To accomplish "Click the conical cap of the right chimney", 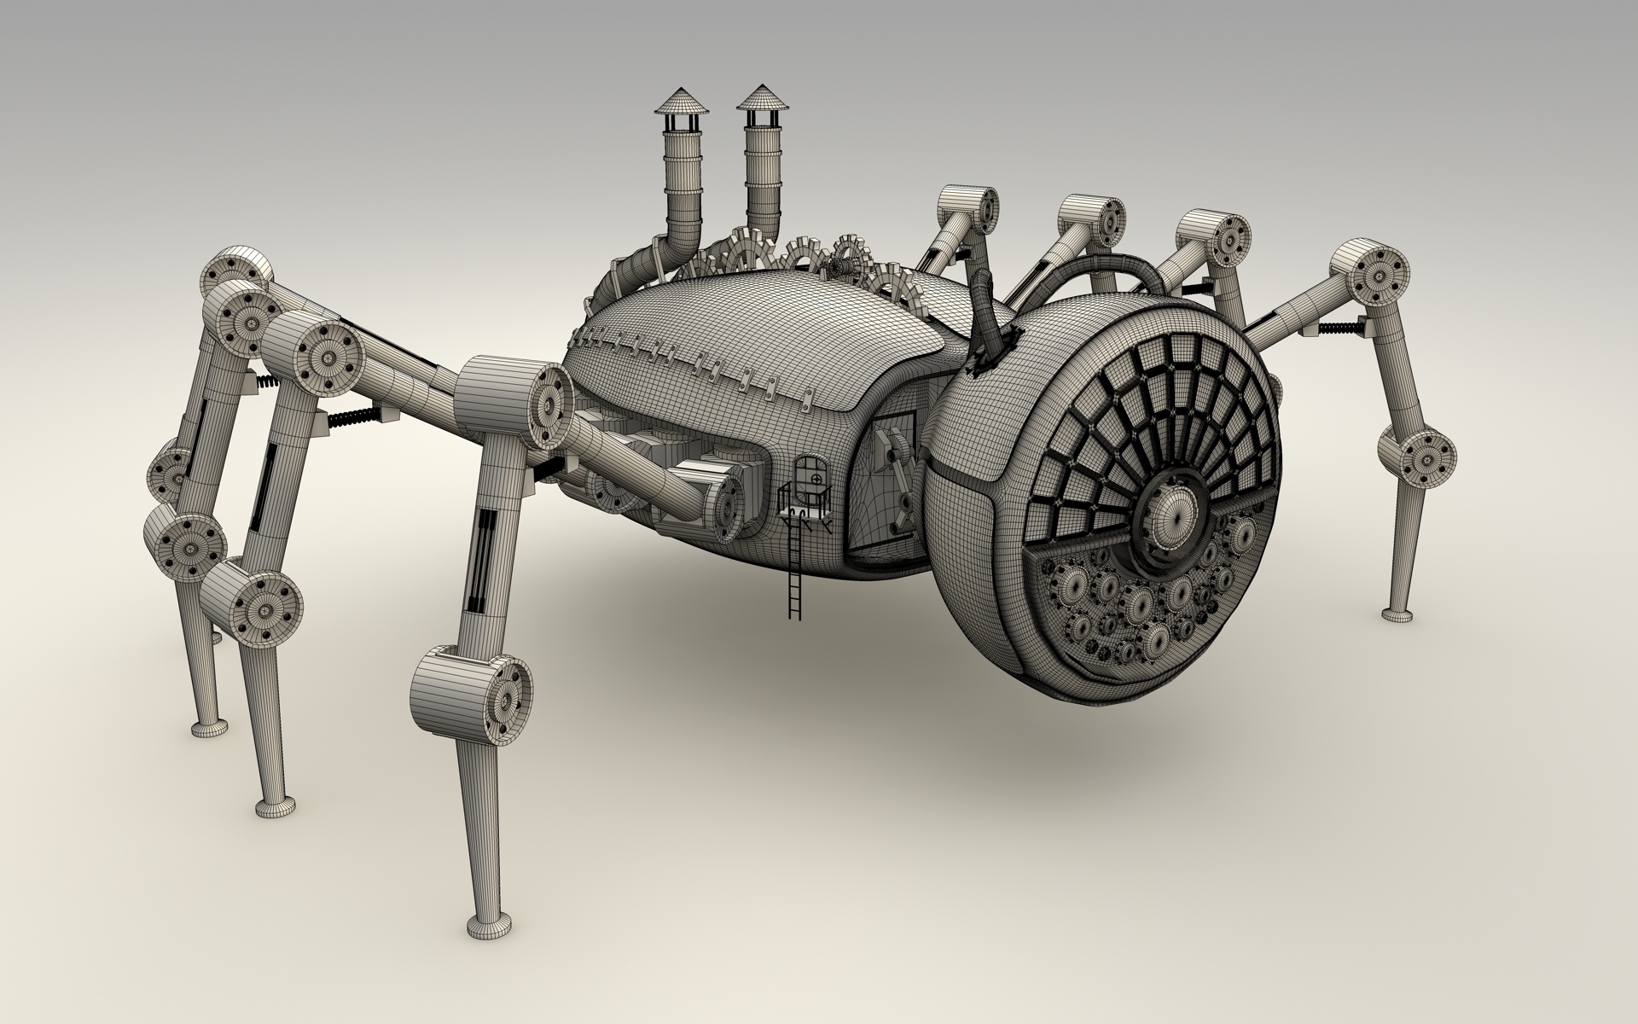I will tap(761, 97).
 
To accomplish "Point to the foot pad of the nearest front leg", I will tap(491, 925).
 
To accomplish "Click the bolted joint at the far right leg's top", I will tap(1369, 273).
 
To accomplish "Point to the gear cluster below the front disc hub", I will tap(1143, 610).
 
